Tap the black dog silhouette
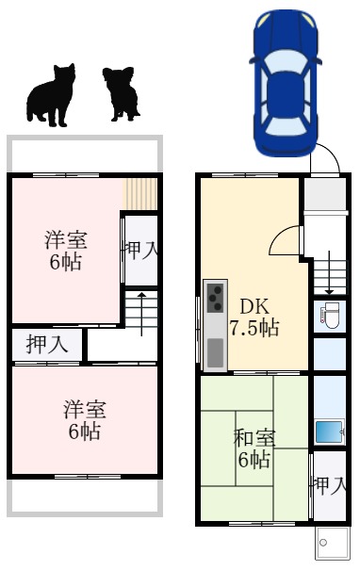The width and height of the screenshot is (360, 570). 121,94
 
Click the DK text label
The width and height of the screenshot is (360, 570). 253,306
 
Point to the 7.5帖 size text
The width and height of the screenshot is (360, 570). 254,328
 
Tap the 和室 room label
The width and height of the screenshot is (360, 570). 254,437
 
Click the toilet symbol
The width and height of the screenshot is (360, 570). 330,316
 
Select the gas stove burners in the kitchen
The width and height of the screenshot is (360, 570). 215,299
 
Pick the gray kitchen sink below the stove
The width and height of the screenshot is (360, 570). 215,351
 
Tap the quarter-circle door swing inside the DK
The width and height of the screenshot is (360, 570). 285,243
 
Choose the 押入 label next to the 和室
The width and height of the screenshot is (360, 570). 329,487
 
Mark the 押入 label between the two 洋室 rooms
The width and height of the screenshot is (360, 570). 47,345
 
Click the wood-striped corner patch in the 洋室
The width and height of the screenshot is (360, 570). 140,194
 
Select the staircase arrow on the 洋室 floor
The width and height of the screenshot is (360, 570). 141,312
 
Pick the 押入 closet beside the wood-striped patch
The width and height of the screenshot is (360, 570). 139,250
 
